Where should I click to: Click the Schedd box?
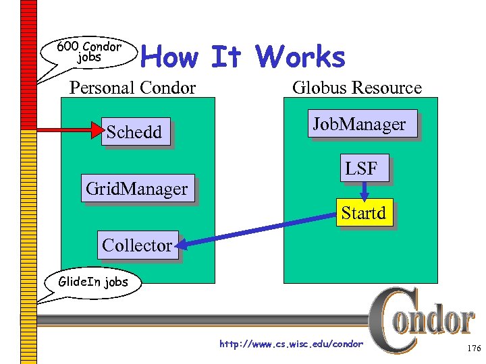click(134, 132)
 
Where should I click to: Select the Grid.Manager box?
click(137, 189)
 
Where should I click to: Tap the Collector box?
click(137, 245)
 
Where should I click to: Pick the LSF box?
click(361, 169)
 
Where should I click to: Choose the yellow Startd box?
click(363, 213)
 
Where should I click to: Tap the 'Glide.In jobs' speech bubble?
click(93, 282)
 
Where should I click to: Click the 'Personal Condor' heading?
click(133, 88)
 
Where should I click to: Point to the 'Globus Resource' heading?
click(356, 88)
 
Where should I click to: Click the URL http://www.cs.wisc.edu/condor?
click(291, 344)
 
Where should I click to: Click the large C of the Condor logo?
click(386, 320)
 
